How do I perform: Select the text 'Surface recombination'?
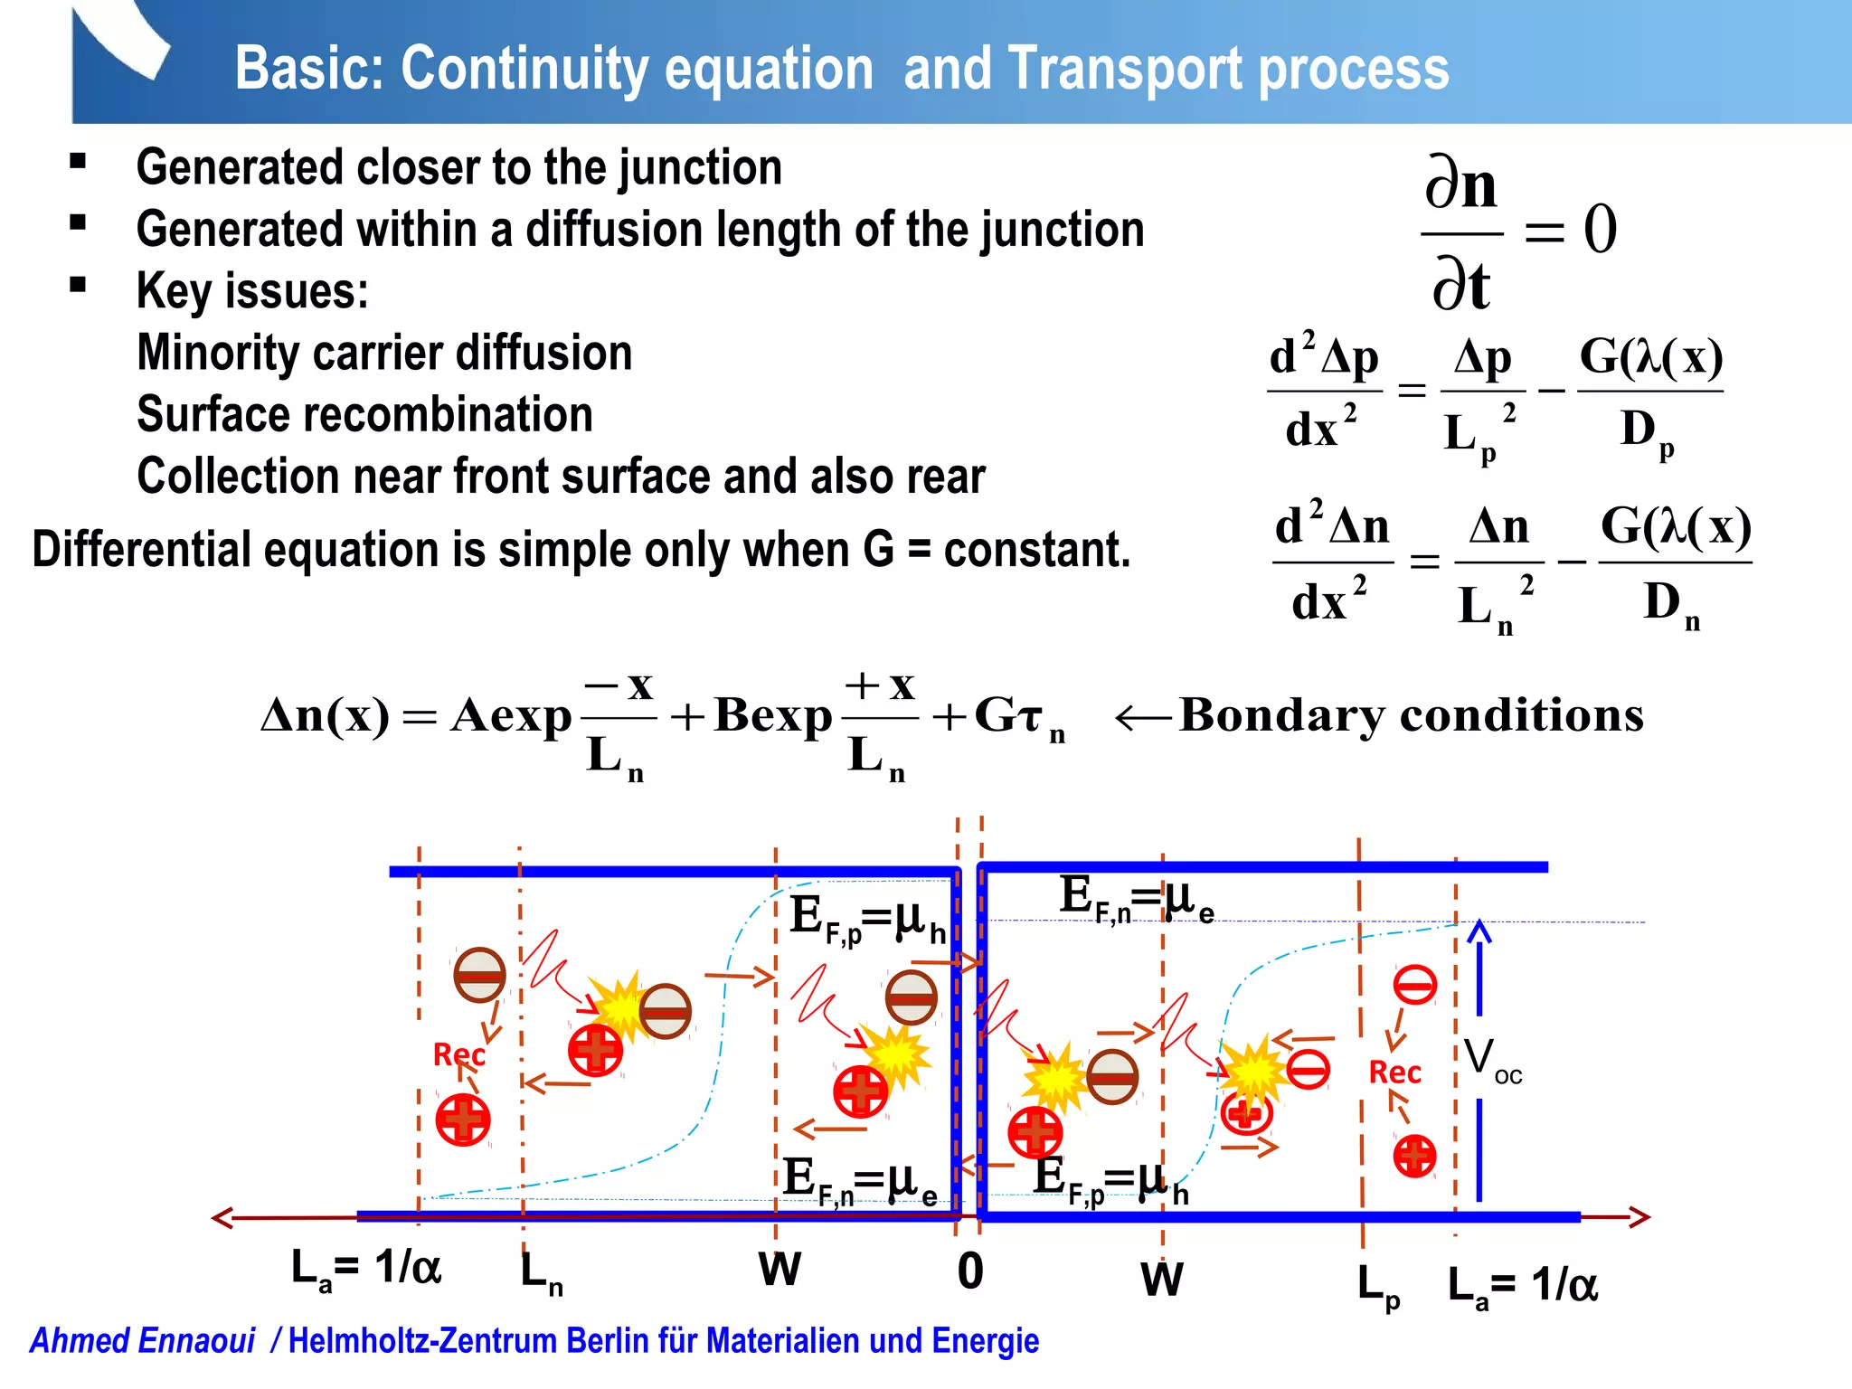(364, 414)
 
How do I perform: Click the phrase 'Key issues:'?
(252, 291)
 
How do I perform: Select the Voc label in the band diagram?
(1492, 1059)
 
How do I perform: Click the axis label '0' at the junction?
(970, 1271)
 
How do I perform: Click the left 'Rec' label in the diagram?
(458, 1054)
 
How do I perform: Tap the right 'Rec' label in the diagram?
(1394, 1072)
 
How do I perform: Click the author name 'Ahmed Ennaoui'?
(143, 1341)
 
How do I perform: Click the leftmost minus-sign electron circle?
(479, 975)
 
